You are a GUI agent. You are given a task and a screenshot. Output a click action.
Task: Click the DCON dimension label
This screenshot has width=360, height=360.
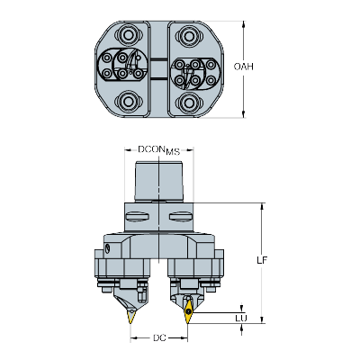150,149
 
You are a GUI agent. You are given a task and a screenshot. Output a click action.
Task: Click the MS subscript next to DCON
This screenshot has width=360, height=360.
173,151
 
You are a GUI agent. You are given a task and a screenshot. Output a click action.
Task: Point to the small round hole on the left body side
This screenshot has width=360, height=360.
108,247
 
